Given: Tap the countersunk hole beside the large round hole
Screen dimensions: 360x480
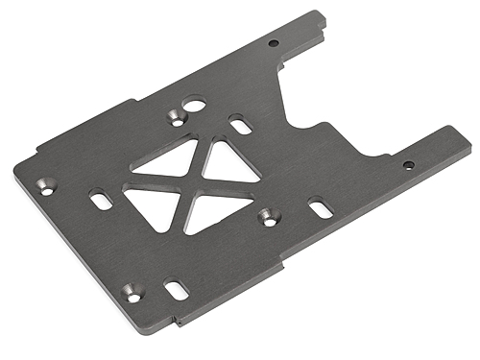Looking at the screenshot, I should (x=177, y=117).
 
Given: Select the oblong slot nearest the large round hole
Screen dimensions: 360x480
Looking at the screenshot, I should (x=238, y=124).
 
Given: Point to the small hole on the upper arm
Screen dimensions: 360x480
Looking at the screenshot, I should (x=274, y=43).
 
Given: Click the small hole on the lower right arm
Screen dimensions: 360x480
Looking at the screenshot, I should (x=408, y=165).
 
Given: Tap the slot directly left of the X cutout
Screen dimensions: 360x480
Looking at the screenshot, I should (x=100, y=201).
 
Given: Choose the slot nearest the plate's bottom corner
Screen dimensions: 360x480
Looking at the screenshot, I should (x=175, y=286).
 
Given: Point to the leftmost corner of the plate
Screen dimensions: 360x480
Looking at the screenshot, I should (x=14, y=174).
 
